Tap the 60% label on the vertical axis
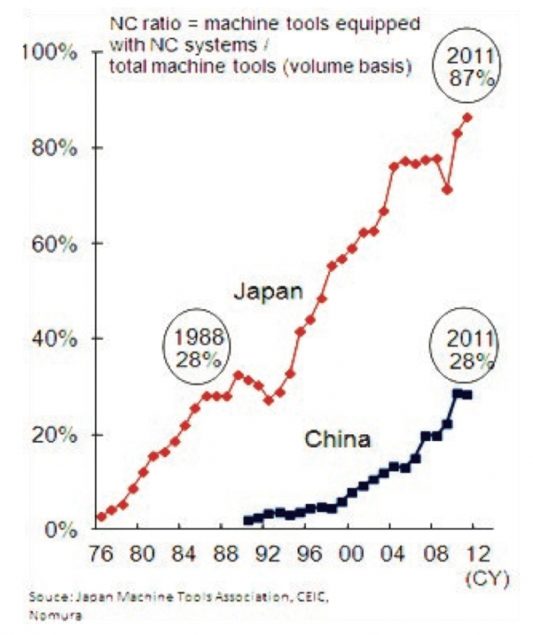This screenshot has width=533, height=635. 56,243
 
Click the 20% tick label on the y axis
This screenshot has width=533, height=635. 56,434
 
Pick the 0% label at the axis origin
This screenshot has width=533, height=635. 62,530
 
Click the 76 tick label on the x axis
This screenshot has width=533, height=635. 101,555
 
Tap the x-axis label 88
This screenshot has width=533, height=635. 223,555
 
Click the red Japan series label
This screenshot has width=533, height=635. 266,291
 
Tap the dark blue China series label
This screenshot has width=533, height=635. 338,440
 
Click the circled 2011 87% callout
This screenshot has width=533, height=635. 466,68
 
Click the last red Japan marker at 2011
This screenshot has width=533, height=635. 467,117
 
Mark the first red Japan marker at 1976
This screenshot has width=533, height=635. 101,517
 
